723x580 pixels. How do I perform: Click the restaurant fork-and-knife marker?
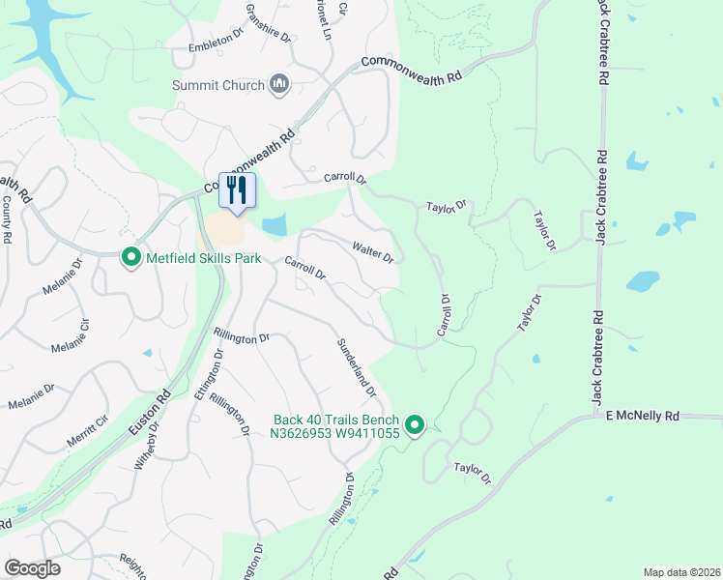pos(236,188)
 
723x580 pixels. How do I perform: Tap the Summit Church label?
pos(218,85)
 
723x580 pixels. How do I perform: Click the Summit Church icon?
pos(279,85)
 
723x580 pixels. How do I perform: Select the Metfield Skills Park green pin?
pos(130,257)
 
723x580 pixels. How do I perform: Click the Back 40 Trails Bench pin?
pos(415,425)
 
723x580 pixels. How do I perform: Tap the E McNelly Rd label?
pos(643,415)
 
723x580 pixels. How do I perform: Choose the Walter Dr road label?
pos(373,253)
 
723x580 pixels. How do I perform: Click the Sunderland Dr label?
pos(356,367)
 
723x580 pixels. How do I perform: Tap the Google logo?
pos(33,568)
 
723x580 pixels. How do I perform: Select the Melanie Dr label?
pos(29,393)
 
